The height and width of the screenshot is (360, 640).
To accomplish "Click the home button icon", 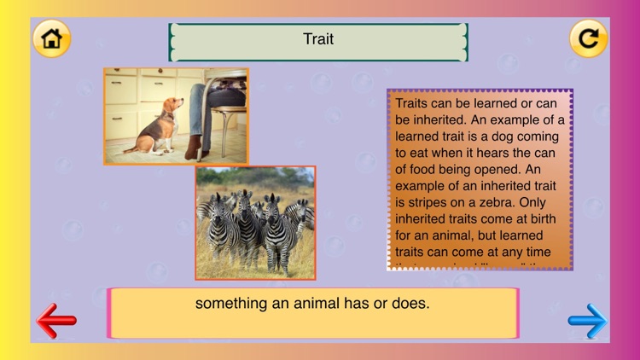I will point(51,38).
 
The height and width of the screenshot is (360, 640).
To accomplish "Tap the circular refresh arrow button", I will point(588,38).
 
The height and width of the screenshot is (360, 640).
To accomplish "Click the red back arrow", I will point(56,321).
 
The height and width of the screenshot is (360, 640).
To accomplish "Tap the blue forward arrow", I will point(588,321).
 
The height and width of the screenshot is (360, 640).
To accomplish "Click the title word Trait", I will point(318,39).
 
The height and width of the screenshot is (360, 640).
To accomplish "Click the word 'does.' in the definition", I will point(410,304).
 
